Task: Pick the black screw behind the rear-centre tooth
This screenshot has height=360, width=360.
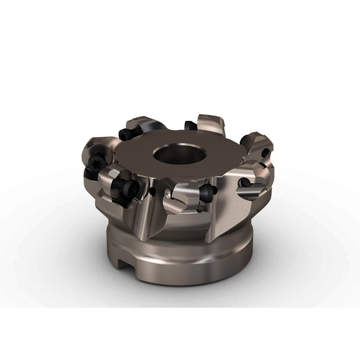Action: (x=190, y=127)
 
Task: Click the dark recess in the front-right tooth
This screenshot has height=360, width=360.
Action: (x=245, y=182)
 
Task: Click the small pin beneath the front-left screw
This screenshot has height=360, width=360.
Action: (x=130, y=201)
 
